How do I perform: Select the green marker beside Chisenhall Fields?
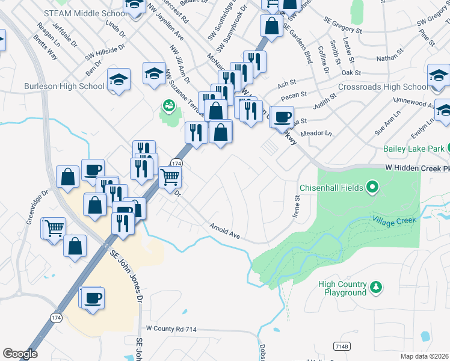click(372, 188)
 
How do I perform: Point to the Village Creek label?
click(394, 220)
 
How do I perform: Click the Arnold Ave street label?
click(224, 232)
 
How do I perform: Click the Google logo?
click(20, 354)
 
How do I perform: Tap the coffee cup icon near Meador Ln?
click(281, 117)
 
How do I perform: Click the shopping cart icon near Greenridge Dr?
click(54, 228)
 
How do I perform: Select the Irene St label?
click(296, 206)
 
